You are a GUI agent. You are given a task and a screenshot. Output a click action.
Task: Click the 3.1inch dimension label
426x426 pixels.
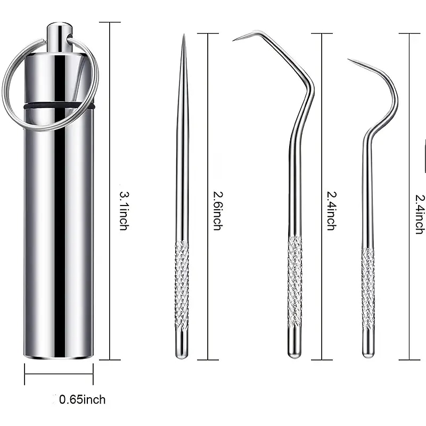coord(124,210)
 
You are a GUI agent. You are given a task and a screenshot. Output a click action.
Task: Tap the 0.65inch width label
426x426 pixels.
coord(83,399)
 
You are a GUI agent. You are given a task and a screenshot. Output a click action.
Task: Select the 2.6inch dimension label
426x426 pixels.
coord(217,210)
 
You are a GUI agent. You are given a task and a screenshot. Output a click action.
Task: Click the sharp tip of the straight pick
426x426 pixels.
coord(183,36)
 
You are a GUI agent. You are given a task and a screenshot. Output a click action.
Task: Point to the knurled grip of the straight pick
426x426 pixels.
coord(182,285)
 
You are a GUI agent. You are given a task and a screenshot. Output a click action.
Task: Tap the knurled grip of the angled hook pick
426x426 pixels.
coord(294,282)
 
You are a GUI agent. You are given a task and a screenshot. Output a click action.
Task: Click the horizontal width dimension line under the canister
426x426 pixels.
coord(59,374)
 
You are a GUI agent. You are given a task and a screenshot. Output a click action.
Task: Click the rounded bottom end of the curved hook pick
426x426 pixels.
coord(368,354)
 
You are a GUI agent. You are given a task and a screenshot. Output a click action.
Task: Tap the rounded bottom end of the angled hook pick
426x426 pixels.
coord(294,354)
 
